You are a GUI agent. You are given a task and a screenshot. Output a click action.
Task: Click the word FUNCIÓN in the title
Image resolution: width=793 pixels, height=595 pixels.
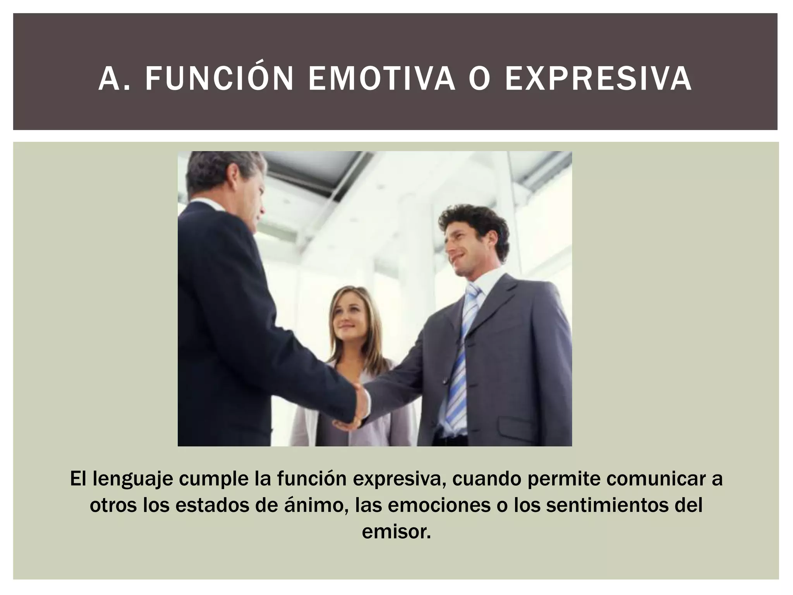pyautogui.click(x=219, y=79)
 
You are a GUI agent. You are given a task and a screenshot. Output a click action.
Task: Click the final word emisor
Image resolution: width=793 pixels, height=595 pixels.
pyautogui.click(x=396, y=531)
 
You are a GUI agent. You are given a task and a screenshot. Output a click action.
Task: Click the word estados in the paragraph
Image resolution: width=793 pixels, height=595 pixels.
pyautogui.click(x=201, y=506)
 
